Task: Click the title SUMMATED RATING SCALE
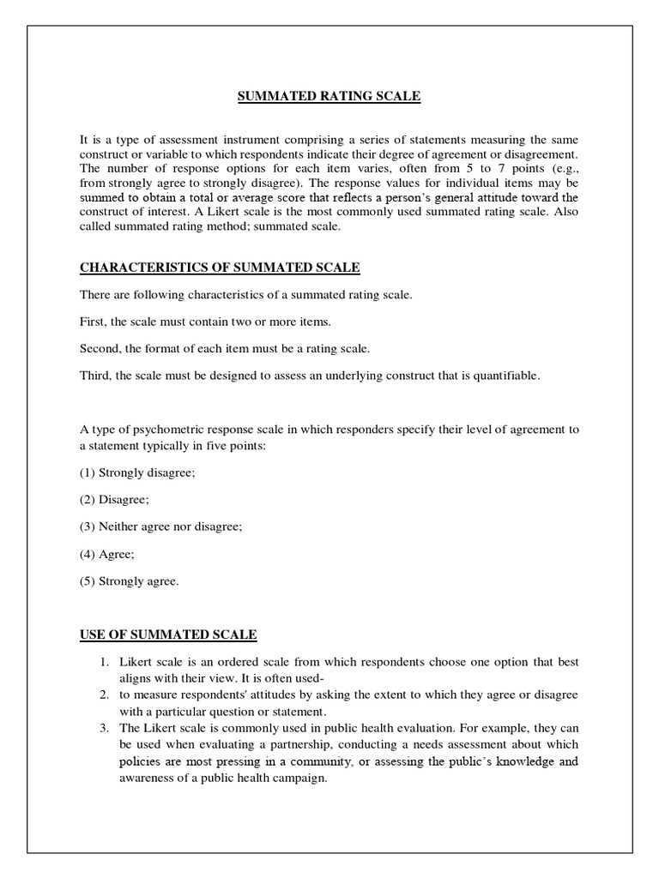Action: tap(329, 97)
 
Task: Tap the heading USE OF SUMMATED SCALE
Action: tap(168, 634)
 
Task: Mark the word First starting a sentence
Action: tap(94, 322)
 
